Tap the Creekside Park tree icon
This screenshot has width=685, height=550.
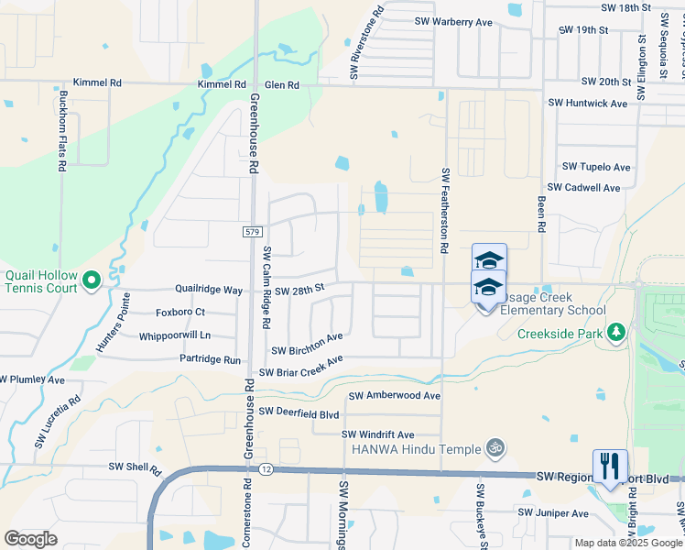pos(617,330)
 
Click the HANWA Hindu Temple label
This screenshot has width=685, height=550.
pos(416,449)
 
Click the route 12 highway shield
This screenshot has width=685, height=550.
pos(266,469)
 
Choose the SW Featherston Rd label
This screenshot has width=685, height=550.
pos(445,210)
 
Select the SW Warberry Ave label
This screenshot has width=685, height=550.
pos(453,21)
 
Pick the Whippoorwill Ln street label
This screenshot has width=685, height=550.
pos(175,336)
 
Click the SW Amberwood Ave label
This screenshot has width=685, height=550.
pos(395,396)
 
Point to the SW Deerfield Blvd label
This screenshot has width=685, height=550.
pos(306,412)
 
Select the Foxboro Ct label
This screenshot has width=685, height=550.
pos(179,312)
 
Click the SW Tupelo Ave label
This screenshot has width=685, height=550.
pos(596,167)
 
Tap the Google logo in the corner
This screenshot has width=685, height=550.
pos(30,539)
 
